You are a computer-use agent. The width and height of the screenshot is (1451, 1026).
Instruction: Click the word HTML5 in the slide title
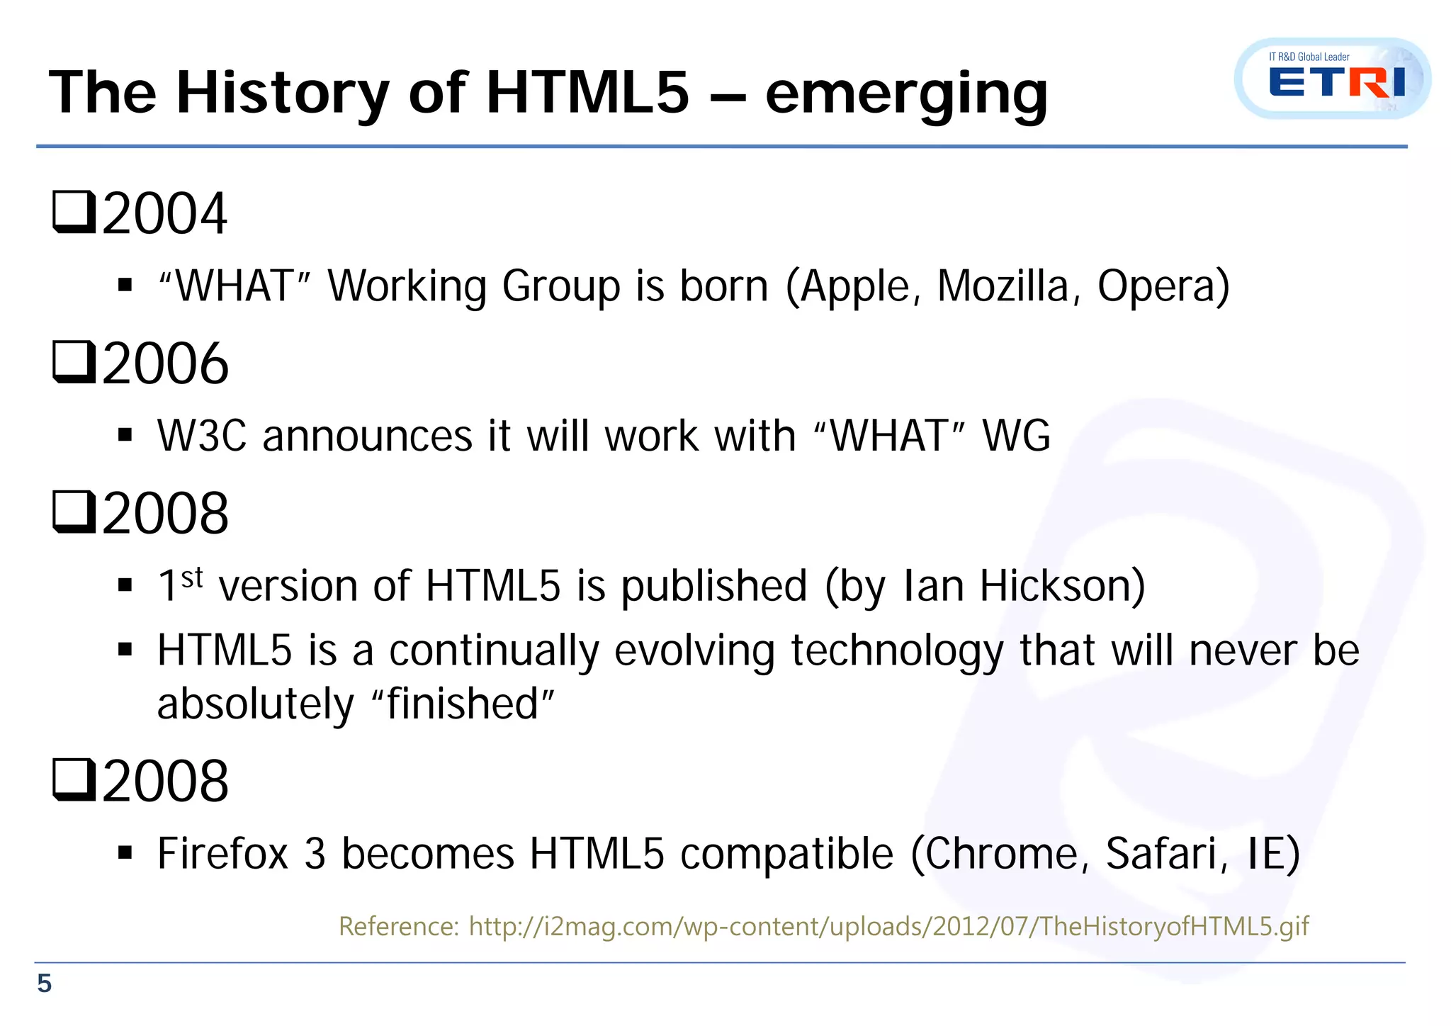587,93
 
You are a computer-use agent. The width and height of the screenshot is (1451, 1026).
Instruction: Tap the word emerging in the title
906,96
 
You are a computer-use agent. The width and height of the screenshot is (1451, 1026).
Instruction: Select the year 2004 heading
164,213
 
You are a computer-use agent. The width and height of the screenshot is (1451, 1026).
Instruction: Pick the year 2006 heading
165,363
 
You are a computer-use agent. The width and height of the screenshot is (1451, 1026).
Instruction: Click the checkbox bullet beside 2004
74,212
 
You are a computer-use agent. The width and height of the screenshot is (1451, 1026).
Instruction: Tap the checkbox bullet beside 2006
74,362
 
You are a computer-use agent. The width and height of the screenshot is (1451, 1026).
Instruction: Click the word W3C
202,436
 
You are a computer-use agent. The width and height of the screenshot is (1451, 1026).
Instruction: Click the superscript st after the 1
192,577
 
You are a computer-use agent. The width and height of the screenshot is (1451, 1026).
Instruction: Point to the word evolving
694,651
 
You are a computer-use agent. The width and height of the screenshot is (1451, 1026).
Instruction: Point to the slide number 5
44,983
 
